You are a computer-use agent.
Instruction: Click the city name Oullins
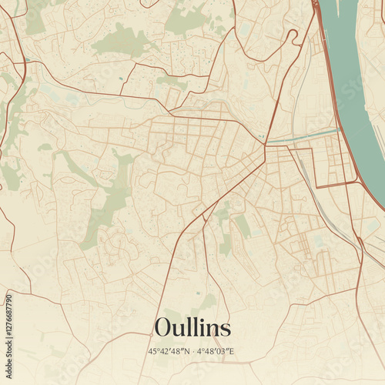(x=192, y=327)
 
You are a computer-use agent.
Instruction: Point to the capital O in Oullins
(x=163, y=328)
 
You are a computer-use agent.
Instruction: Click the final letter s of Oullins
(x=225, y=330)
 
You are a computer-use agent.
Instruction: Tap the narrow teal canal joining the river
(x=304, y=137)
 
